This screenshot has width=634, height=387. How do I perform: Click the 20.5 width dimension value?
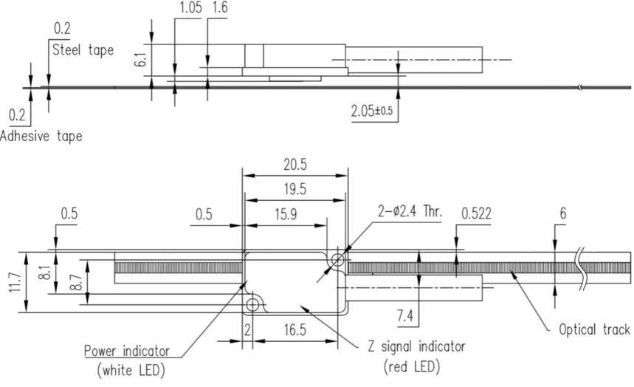pyautogui.click(x=295, y=165)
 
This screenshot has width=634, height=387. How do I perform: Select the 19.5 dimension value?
pyautogui.click(x=295, y=189)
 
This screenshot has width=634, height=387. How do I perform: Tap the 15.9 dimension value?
pyautogui.click(x=286, y=213)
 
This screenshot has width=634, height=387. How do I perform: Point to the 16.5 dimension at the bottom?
pyautogui.click(x=294, y=330)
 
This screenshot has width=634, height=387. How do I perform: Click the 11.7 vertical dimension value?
pyautogui.click(x=15, y=282)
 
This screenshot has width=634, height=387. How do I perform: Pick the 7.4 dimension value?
pyautogui.click(x=405, y=315)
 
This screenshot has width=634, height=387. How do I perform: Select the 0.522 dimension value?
pyautogui.click(x=476, y=213)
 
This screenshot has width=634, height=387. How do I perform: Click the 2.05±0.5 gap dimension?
pyautogui.click(x=372, y=111)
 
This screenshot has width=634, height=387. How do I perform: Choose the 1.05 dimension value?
pyautogui.click(x=190, y=7)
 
